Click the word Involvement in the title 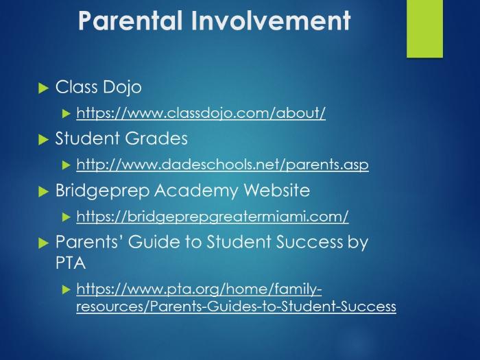[x=272, y=21]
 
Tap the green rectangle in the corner [x=424, y=29]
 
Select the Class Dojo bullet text [x=98, y=87]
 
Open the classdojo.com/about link [x=201, y=113]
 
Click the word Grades [x=156, y=139]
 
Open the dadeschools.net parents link [x=223, y=165]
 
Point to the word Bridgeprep [x=103, y=191]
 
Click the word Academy [x=196, y=191]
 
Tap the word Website [x=277, y=190]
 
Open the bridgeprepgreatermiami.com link [x=213, y=217]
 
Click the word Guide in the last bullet [x=154, y=242]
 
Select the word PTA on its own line [x=71, y=263]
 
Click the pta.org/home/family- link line [x=199, y=289]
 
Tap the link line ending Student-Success [x=237, y=307]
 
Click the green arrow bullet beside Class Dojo [x=43, y=88]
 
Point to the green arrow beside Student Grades [x=43, y=140]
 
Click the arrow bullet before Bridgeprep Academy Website [x=43, y=192]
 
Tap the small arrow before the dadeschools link [x=66, y=165]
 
